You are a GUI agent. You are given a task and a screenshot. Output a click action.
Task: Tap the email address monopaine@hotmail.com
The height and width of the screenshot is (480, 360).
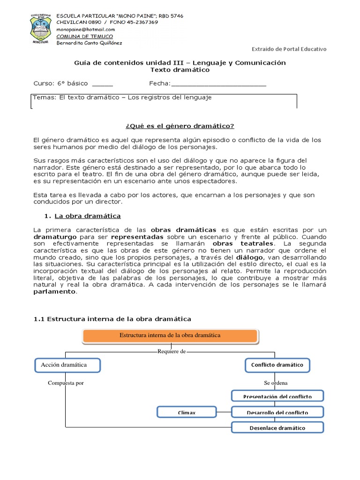pos(85,29)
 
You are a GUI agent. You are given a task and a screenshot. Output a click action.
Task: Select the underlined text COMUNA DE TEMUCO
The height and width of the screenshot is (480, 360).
pos(84,36)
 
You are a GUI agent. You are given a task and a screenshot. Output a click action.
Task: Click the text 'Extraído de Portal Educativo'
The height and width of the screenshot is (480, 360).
pos(289,49)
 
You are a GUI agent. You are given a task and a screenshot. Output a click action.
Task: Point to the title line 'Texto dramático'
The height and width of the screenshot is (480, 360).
pos(180,70)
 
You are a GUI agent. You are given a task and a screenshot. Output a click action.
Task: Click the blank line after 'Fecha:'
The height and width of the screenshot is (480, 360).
pos(218,83)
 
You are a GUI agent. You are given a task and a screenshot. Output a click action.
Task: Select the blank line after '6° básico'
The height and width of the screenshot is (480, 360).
pos(102,83)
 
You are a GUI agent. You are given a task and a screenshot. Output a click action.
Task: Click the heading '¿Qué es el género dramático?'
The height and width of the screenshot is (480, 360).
pos(180,126)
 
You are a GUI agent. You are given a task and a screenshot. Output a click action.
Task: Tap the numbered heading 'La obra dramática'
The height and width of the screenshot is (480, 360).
pos(88,216)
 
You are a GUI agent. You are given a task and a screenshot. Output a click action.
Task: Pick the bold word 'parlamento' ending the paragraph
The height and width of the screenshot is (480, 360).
pos(54,291)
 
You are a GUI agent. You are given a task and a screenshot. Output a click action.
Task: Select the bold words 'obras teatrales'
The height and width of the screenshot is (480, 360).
pos(241,244)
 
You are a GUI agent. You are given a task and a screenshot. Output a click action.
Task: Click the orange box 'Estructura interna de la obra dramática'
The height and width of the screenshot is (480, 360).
pos(170,336)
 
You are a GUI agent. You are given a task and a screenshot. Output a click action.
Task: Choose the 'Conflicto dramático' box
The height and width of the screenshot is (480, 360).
pos(277,365)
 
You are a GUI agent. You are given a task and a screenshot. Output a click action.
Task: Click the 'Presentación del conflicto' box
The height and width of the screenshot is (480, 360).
pos(277,397)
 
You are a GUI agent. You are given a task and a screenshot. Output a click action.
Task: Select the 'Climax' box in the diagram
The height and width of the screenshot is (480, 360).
pos(186,412)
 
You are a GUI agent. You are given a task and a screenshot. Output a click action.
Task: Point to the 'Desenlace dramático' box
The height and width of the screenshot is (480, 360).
pos(277,427)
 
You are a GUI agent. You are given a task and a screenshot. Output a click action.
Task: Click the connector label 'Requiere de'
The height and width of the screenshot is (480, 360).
pos(172,351)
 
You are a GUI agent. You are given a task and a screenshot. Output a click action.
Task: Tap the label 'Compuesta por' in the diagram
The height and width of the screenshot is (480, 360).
pos(66,383)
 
